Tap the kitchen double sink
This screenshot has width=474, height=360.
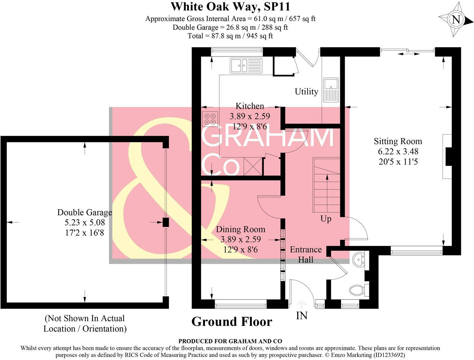246,65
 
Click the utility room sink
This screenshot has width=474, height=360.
330,90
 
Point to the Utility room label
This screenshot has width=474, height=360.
306,92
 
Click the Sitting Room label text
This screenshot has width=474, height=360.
398,141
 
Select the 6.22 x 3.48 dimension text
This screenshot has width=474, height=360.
398,152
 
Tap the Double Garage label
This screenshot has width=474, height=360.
85,212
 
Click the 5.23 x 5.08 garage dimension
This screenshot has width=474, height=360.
85,223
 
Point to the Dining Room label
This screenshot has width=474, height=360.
240,229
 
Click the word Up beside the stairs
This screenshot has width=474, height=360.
326,219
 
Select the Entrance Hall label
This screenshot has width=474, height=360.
305,254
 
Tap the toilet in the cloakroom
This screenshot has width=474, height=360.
357,290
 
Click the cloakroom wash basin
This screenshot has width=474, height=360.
358,260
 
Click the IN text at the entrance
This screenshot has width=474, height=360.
302,316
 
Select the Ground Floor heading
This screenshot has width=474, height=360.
232,322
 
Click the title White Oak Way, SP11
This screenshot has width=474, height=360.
230,6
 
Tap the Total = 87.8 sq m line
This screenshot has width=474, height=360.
230,36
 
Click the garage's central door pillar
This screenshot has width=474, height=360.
166,222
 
